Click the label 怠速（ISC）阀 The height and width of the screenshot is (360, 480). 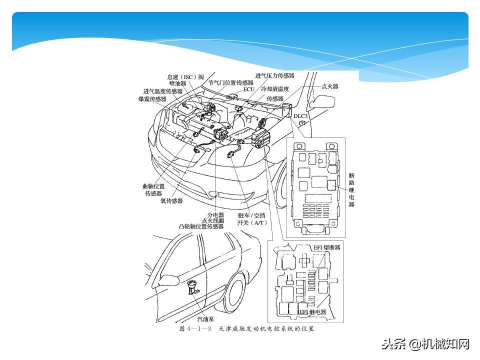[x=185, y=77]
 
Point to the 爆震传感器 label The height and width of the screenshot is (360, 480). [x=152, y=99]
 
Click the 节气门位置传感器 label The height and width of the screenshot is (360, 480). [x=230, y=82]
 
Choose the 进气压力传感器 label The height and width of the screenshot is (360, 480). [x=274, y=75]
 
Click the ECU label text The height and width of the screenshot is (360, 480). [x=249, y=89]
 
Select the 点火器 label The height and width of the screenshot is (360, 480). [x=329, y=86]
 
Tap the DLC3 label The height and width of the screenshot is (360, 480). [x=301, y=116]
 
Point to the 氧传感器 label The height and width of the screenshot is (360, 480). [x=171, y=200]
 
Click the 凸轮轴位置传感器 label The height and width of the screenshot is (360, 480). [x=201, y=226]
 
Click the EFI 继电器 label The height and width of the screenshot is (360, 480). [x=312, y=312]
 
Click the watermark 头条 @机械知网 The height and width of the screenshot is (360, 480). [x=426, y=344]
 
